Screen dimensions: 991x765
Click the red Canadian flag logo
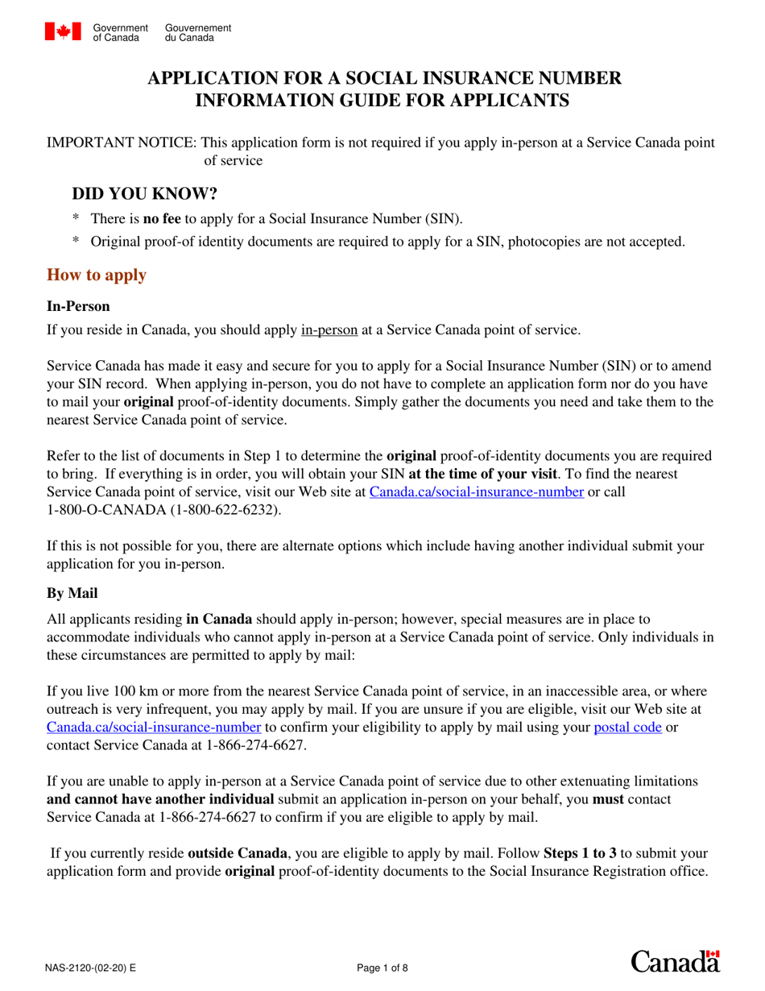(x=63, y=31)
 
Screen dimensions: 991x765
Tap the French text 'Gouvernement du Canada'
(x=197, y=33)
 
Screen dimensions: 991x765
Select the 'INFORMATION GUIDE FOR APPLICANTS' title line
(x=383, y=100)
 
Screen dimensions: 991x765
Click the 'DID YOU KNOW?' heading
(x=145, y=194)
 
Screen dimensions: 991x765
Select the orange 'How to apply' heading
(x=97, y=275)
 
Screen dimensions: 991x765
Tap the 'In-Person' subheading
(x=78, y=306)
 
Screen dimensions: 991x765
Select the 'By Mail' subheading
(x=72, y=593)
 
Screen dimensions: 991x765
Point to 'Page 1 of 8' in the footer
(x=382, y=968)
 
